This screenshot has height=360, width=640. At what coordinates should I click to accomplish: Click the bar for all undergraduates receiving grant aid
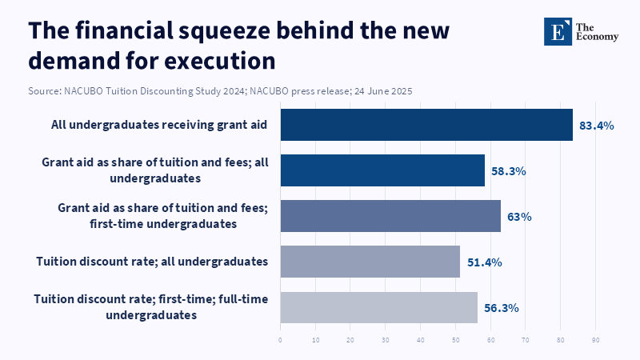point(426,125)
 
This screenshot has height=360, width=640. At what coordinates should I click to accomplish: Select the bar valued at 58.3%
point(382,170)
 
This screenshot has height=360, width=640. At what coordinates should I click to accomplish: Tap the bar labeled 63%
point(390,216)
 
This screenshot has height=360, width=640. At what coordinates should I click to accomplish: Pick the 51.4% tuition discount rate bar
point(370,262)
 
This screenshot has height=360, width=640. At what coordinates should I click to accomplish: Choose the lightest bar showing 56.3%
point(378,307)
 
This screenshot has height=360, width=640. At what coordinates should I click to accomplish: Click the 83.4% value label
point(597,126)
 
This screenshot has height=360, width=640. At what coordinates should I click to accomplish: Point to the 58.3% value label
point(509,171)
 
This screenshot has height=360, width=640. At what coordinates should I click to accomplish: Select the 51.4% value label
point(484,262)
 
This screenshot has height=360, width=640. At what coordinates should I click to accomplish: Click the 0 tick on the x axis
point(280,340)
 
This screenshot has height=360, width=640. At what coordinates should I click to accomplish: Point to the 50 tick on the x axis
point(455,340)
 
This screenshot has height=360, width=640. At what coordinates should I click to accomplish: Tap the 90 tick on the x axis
point(595,340)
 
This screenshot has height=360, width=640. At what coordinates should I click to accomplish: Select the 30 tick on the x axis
point(385,340)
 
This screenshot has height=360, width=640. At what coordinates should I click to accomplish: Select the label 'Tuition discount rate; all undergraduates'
point(152,262)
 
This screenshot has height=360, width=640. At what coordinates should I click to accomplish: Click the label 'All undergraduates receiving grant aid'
point(158,125)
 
